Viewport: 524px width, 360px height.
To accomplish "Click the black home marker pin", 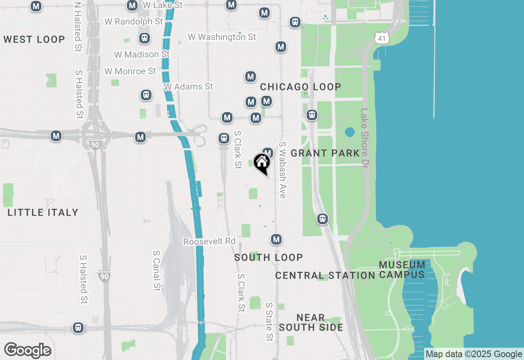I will pyautogui.click(x=262, y=163).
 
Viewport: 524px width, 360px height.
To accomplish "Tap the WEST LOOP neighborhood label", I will pyautogui.click(x=34, y=40).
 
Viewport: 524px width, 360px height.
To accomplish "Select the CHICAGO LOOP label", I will pyautogui.click(x=300, y=87).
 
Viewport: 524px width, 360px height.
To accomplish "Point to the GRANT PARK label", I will pyautogui.click(x=325, y=153).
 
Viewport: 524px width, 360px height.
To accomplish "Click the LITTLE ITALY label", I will pyautogui.click(x=43, y=212).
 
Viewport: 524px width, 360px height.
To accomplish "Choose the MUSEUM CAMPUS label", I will pyautogui.click(x=402, y=270).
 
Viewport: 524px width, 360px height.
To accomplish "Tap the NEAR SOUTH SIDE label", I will pyautogui.click(x=311, y=322).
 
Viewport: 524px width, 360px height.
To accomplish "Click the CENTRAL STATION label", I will pyautogui.click(x=325, y=276).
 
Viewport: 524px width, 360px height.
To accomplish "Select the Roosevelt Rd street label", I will pyautogui.click(x=209, y=242).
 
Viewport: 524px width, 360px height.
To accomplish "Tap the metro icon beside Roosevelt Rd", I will pyautogui.click(x=276, y=239).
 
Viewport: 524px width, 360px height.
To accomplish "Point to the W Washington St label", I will pyautogui.click(x=222, y=37).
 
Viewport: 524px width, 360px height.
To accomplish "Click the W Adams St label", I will pyautogui.click(x=188, y=87).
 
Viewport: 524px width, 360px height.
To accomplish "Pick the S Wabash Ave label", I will pyautogui.click(x=282, y=170).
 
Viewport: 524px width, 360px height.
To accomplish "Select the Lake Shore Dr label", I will pyautogui.click(x=364, y=138).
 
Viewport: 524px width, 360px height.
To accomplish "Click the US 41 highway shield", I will pyautogui.click(x=381, y=38).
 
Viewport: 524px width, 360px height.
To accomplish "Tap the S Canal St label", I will pyautogui.click(x=156, y=271).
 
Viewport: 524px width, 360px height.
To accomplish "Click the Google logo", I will pyautogui.click(x=27, y=351).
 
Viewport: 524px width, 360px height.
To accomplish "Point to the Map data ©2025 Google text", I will pyautogui.click(x=474, y=354).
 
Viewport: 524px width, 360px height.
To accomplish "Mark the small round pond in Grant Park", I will pyautogui.click(x=350, y=132).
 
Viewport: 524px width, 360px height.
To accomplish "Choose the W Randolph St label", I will pyautogui.click(x=133, y=21).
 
